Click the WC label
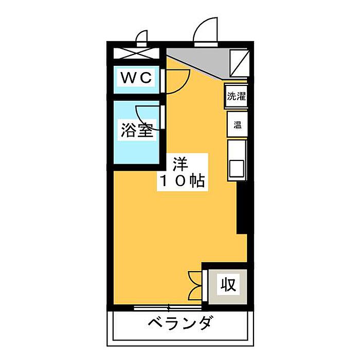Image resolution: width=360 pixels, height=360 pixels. (x=136, y=78)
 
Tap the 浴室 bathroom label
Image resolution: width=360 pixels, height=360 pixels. (x=137, y=130)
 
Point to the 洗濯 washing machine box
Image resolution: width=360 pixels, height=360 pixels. (x=237, y=96)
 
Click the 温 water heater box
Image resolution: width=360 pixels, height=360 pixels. (x=238, y=124)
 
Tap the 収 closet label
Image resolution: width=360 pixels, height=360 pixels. (x=228, y=284)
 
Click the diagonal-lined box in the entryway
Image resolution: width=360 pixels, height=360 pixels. (x=239, y=61)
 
